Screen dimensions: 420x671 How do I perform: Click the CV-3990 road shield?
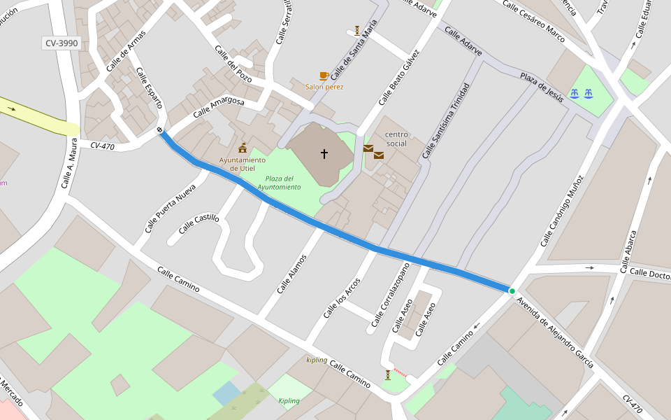point(62,43)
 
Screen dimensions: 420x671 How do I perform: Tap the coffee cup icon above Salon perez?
point(324,76)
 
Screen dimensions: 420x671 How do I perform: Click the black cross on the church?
point(324,153)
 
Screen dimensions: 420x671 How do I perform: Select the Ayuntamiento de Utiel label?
point(243,164)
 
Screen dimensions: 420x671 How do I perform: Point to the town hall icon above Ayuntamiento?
point(243,147)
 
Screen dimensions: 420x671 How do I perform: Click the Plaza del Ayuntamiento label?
point(279,183)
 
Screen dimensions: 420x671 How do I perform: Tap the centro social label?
point(396,139)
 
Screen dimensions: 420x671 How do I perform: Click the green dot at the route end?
point(512,291)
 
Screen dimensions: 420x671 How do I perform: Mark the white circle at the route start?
point(160,129)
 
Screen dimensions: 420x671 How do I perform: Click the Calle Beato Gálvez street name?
point(399,78)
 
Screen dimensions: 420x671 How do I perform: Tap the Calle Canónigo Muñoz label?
point(562,210)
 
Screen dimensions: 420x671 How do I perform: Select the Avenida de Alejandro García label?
point(556,332)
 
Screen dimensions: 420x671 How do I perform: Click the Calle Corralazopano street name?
point(389,295)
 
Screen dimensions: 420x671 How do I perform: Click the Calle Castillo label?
point(199,224)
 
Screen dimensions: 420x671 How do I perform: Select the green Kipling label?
point(289,401)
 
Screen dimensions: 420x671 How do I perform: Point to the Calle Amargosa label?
point(219,107)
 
